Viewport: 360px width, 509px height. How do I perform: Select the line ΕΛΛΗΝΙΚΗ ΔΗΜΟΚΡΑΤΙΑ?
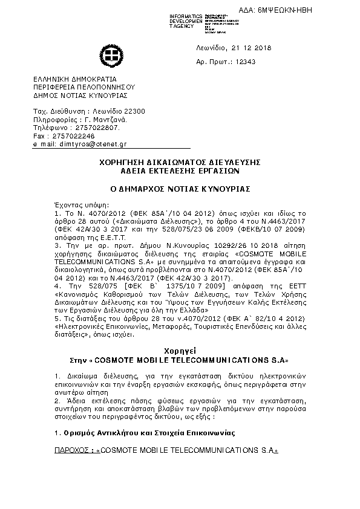75,79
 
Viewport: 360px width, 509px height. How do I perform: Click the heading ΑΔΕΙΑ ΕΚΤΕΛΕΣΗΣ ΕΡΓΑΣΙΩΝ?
179,171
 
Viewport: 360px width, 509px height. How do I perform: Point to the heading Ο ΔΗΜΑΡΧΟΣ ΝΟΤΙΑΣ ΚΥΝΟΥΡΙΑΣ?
179,189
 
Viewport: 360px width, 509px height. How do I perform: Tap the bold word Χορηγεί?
180,351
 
